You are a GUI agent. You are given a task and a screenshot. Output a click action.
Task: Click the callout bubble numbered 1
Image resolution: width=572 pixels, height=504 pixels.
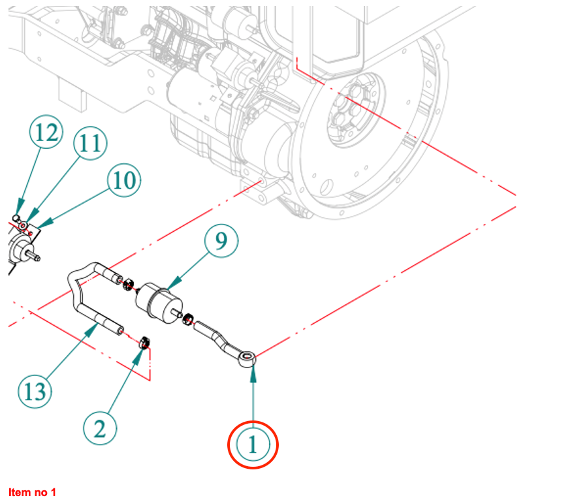(253, 445)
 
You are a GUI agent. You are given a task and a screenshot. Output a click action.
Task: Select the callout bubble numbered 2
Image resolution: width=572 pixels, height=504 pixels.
(100, 429)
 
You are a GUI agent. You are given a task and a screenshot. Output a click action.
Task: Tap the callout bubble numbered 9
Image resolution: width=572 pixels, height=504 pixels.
(221, 242)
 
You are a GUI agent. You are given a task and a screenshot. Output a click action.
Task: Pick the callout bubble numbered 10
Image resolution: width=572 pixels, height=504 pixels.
(123, 180)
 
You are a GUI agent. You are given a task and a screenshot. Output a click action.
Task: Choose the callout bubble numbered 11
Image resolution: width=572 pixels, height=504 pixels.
(90, 144)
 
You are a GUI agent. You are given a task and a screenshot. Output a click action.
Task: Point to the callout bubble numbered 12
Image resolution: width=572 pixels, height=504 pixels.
(46, 133)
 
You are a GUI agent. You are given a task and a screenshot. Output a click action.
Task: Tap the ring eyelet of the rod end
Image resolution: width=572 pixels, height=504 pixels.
(247, 358)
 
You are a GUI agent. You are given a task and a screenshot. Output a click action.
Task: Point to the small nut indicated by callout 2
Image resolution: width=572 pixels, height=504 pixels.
(146, 341)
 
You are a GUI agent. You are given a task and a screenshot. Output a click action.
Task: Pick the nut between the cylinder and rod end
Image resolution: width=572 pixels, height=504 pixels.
(187, 319)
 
